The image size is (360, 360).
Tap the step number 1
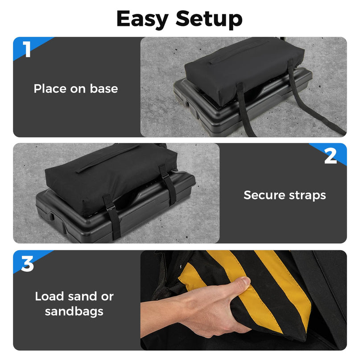pyautogui.click(x=27, y=49)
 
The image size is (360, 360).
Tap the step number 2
pyautogui.click(x=331, y=156)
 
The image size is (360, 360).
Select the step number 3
pyautogui.click(x=27, y=264)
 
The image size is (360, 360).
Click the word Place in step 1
pyautogui.click(x=50, y=89)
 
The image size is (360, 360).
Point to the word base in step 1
pyautogui.click(x=104, y=88)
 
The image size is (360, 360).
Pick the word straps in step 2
pyautogui.click(x=307, y=195)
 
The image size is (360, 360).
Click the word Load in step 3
pyautogui.click(x=50, y=296)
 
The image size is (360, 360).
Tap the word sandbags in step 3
pyautogui.click(x=74, y=311)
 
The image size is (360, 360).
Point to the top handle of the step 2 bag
pyautogui.click(x=108, y=158)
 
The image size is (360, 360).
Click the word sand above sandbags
pyautogui.click(x=82, y=296)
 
